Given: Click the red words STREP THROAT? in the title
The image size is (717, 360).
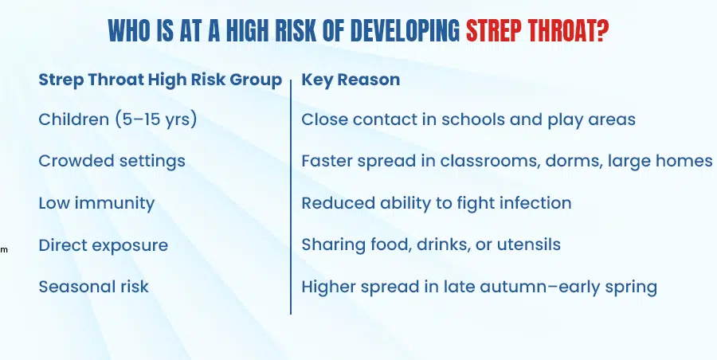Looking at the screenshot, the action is [537, 30].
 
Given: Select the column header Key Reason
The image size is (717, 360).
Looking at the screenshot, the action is [351, 80].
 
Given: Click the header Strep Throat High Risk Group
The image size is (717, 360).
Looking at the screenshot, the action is [160, 80].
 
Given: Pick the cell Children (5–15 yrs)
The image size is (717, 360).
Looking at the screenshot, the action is [118, 119].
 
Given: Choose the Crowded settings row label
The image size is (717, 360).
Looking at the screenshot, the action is [112, 161].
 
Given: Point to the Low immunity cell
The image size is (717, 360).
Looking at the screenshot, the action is [96, 203].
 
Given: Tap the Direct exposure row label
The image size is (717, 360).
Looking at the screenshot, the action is [104, 245].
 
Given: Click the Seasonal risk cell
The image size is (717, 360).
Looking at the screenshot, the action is [94, 287].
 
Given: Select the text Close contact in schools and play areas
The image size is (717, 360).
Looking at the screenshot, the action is [468, 119].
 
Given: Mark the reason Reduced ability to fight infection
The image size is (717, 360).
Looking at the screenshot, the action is [437, 203].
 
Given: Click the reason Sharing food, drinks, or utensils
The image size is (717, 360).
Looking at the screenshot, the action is [431, 245].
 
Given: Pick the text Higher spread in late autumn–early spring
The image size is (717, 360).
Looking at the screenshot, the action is [480, 288].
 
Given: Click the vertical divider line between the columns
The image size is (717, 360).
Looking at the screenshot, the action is [291, 197].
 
